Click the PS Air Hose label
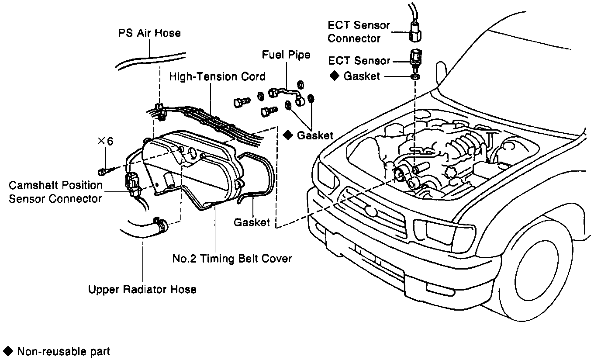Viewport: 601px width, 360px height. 149,33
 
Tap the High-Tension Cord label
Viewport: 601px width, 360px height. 217,77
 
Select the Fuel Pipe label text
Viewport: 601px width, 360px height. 286,55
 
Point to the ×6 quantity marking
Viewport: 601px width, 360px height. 105,141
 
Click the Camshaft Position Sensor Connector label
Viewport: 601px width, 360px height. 55,192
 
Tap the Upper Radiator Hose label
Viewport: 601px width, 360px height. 142,289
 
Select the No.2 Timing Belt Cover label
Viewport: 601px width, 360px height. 232,259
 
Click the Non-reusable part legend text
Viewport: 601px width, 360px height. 63,351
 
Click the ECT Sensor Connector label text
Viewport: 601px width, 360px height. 359,32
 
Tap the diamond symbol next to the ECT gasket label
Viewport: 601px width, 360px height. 334,76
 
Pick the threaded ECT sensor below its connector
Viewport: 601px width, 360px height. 414,59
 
